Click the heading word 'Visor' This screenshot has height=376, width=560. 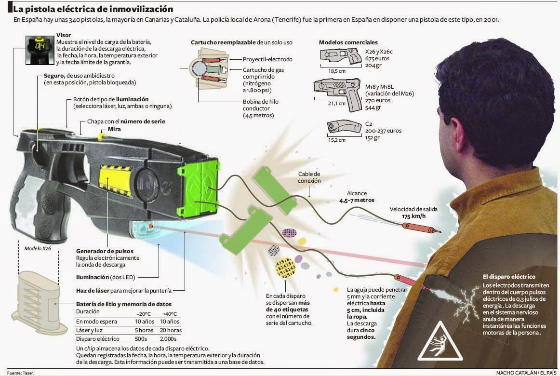click(64, 35)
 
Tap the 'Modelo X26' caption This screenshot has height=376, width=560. click(38, 249)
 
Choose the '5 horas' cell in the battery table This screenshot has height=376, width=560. click(144, 330)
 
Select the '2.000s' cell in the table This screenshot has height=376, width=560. click(170, 339)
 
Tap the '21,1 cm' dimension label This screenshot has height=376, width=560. click(336, 103)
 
